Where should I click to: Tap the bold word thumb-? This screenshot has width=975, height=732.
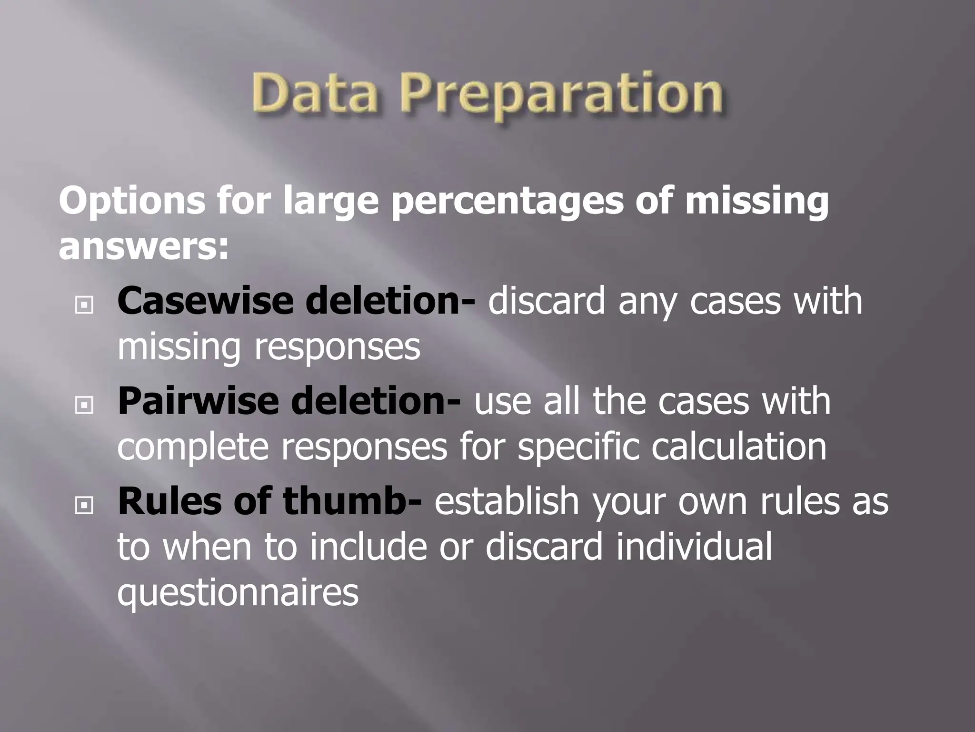352,501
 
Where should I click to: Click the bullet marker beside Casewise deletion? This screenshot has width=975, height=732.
84,305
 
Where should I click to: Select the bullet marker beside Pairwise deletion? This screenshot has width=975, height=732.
84,405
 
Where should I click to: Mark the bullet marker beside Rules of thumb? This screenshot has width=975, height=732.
84,505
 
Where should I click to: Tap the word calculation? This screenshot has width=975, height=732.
738,447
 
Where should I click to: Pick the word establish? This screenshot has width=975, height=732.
506,501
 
